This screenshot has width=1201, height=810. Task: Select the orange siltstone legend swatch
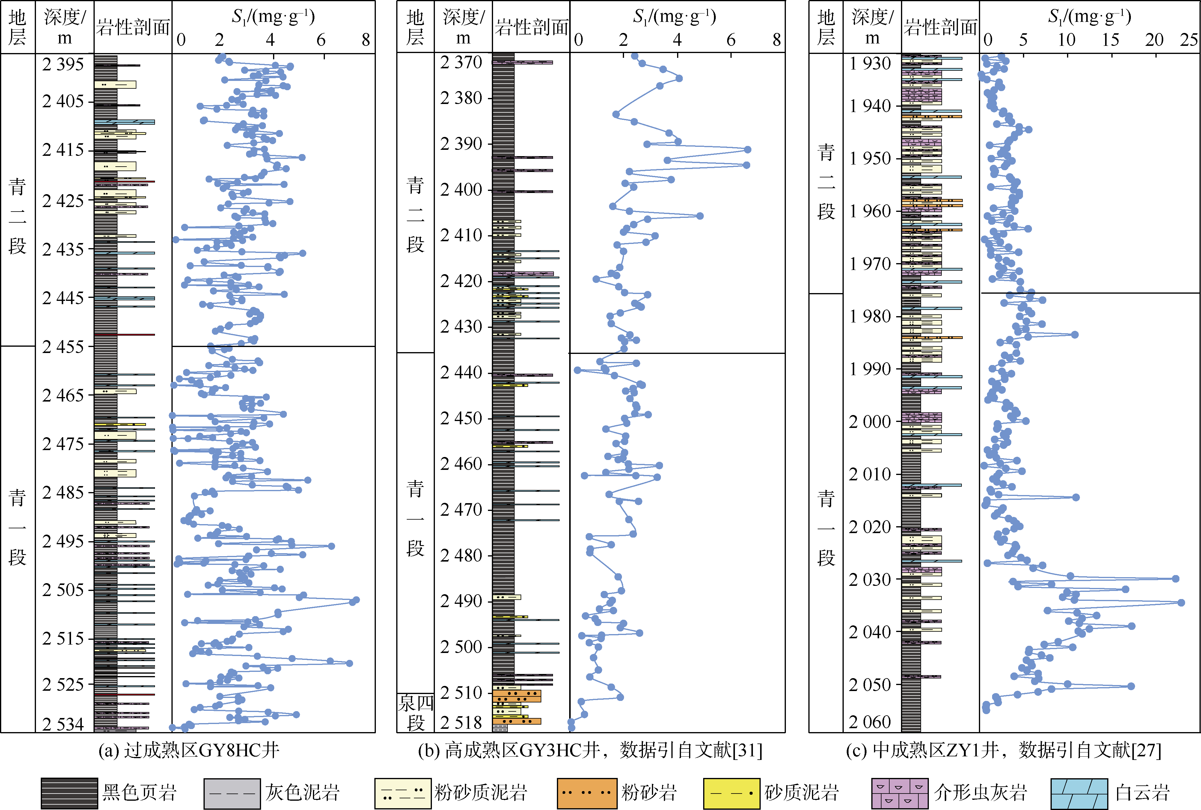[x=587, y=793]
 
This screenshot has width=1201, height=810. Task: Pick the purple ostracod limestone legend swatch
[x=899, y=793]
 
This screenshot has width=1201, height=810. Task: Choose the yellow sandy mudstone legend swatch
[x=731, y=793]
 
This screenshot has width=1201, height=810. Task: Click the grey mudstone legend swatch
[x=232, y=793]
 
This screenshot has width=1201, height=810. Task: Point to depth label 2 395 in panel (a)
[x=63, y=64]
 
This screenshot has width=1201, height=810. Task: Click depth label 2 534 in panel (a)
[x=63, y=724]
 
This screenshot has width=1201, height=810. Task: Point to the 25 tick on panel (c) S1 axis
[x=1189, y=40]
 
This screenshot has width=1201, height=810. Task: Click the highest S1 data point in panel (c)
[x=1181, y=602]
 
